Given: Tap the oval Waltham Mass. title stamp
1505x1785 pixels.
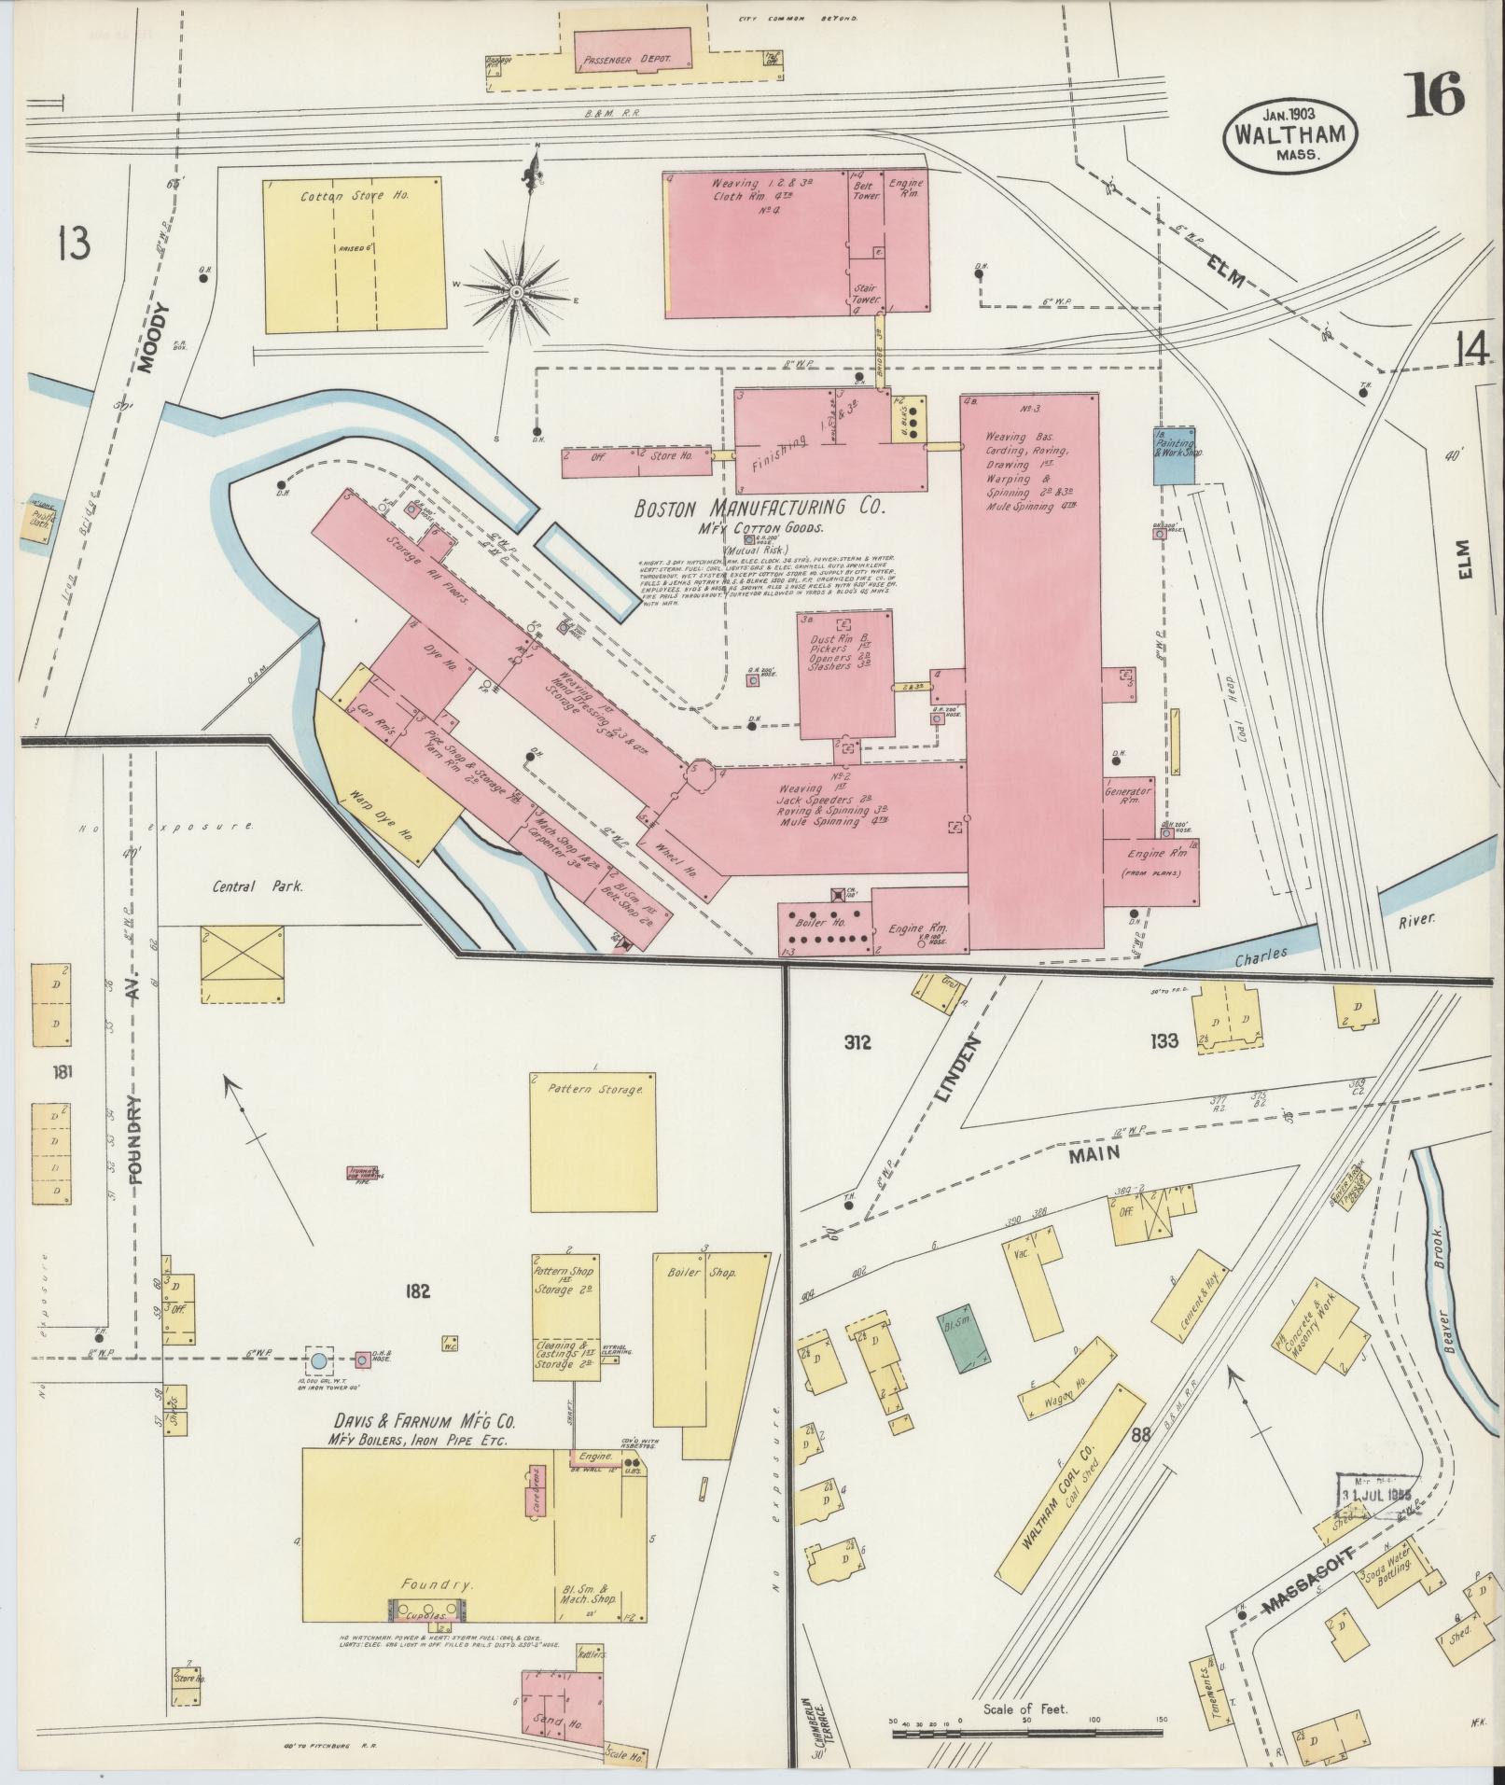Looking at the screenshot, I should pos(1290,135).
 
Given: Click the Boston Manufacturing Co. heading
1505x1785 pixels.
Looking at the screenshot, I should pos(759,509).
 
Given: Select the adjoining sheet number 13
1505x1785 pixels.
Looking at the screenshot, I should pos(73,243).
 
